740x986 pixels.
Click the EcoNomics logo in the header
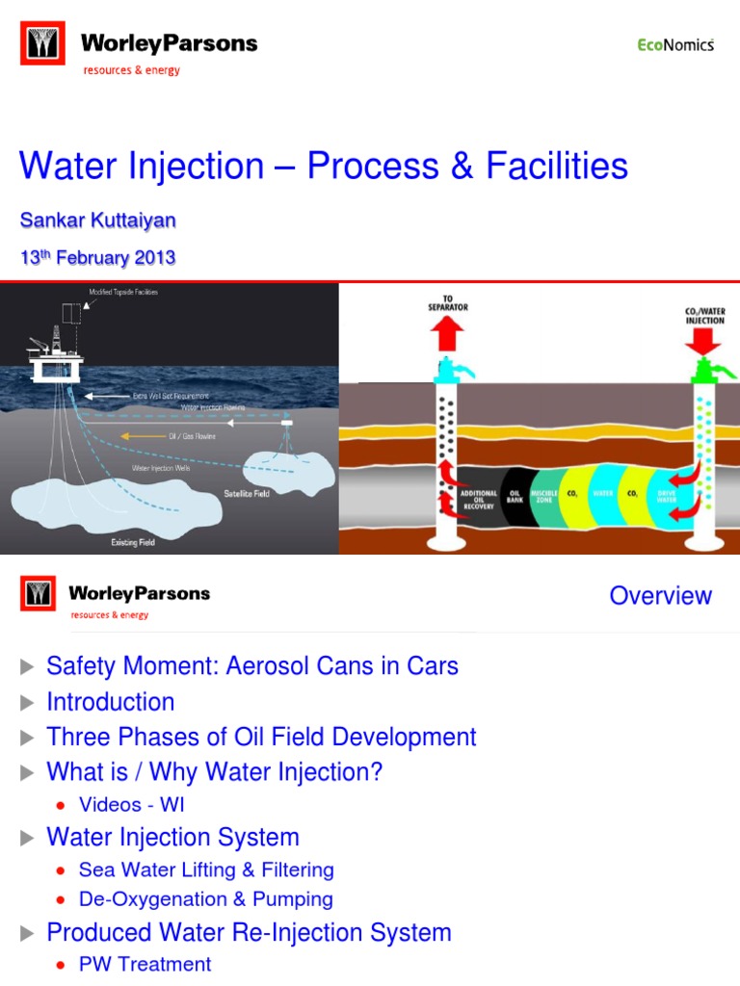(x=675, y=44)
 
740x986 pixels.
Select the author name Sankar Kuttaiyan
(x=97, y=221)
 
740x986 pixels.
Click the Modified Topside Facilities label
(x=123, y=291)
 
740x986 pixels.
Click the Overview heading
(x=660, y=595)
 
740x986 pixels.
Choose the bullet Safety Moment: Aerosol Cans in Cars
(x=252, y=665)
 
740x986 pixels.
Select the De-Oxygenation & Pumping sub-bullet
(x=206, y=899)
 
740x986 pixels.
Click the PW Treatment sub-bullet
(x=145, y=964)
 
